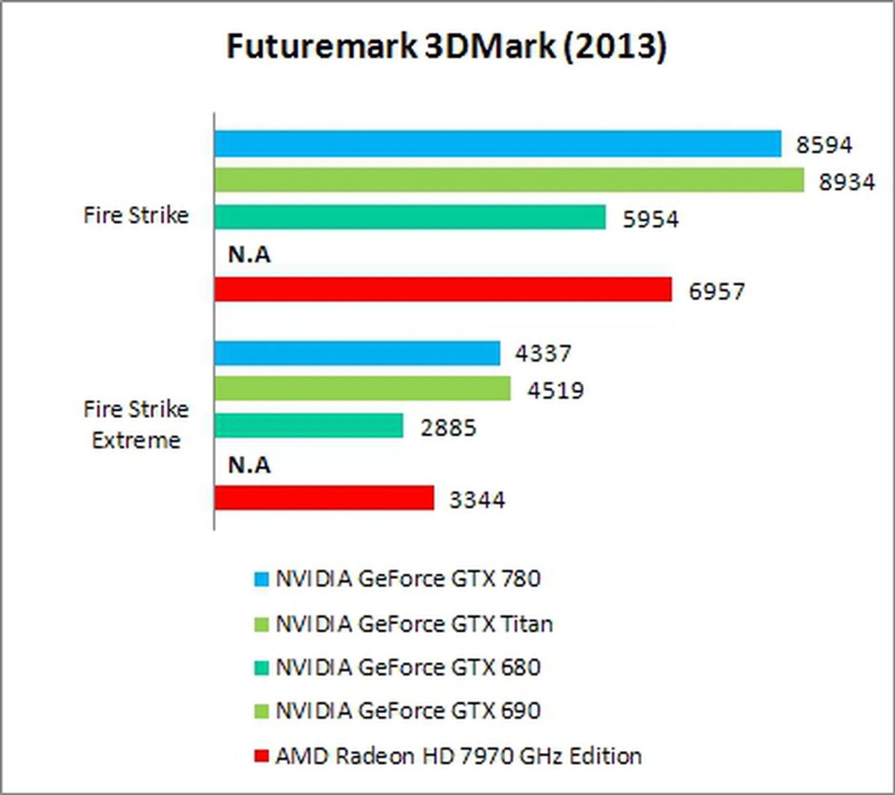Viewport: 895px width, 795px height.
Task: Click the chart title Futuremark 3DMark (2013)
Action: [447, 46]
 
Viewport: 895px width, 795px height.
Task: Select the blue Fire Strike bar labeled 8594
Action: [497, 144]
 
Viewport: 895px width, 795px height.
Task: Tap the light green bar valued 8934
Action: [509, 180]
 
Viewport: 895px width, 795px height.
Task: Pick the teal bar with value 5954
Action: [410, 217]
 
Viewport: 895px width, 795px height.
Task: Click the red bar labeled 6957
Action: [443, 289]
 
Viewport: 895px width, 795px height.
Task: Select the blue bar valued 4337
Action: [357, 353]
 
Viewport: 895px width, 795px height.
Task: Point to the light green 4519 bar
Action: [362, 389]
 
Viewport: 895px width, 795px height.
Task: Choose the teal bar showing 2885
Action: [309, 425]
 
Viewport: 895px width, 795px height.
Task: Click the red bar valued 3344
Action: [324, 498]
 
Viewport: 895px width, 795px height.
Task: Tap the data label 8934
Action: [847, 182]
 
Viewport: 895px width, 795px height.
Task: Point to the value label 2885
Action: [448, 428]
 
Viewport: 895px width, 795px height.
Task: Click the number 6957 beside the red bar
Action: [716, 291]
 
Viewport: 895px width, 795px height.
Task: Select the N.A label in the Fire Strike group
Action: [249, 254]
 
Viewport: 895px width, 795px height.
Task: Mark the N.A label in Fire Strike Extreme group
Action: [249, 465]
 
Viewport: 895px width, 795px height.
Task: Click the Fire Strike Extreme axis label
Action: [136, 425]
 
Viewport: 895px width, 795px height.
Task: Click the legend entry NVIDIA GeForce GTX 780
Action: [408, 579]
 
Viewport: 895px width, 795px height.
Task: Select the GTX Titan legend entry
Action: [414, 624]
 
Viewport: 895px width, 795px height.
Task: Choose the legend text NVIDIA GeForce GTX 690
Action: [408, 711]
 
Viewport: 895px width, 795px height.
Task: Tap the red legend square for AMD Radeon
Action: [262, 756]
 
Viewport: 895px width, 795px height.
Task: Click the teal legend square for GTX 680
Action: [262, 668]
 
